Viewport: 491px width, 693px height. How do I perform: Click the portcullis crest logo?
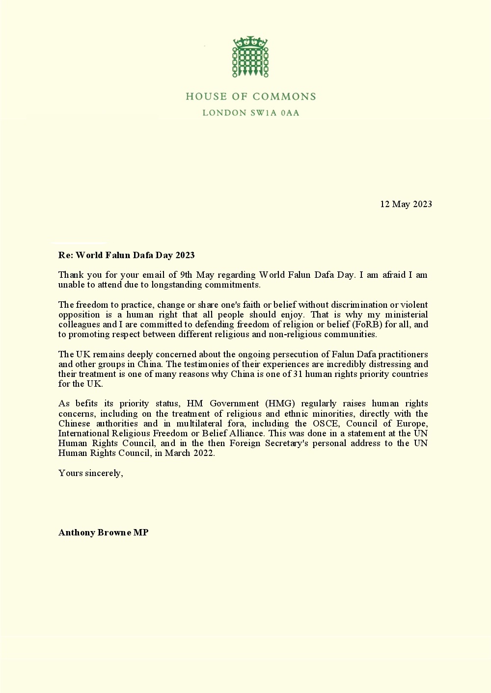250,57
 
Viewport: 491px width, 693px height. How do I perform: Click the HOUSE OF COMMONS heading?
250,97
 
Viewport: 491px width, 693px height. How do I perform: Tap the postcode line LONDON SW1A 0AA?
250,113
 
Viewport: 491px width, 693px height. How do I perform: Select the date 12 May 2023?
406,204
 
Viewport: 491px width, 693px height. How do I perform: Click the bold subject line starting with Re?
126,255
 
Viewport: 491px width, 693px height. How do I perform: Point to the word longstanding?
183,285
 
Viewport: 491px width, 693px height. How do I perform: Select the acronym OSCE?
326,424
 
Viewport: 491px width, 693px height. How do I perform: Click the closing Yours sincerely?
90,473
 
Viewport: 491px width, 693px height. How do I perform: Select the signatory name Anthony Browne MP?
103,533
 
